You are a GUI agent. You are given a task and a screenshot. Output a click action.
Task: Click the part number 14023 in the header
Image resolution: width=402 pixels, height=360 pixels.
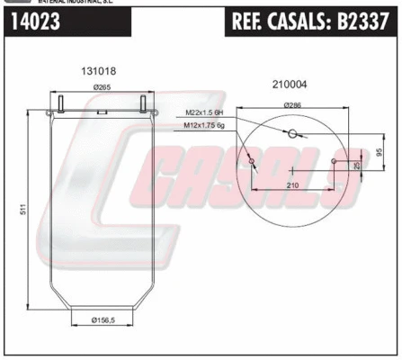coord(36,24)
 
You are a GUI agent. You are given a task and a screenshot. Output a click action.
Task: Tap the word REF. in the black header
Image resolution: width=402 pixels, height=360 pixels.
coord(253,24)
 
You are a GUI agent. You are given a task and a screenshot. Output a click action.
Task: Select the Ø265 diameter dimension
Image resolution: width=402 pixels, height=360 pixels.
coord(101,87)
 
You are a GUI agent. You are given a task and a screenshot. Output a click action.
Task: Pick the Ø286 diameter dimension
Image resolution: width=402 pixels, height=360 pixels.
coord(293,105)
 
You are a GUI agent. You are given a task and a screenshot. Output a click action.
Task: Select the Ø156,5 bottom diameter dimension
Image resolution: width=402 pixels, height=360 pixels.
coord(106,318)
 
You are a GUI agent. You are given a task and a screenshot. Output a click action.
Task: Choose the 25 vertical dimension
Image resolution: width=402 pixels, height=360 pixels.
coord(357,166)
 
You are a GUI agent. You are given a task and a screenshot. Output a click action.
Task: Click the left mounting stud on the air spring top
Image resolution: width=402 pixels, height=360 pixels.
coord(60,104)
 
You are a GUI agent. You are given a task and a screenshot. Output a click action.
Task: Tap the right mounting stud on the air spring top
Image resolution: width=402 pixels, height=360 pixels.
coord(143,104)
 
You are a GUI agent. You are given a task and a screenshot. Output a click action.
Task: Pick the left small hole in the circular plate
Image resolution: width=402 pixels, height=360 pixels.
coord(251,163)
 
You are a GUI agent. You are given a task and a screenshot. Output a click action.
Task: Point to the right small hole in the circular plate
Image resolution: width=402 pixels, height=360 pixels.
coord(335,163)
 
